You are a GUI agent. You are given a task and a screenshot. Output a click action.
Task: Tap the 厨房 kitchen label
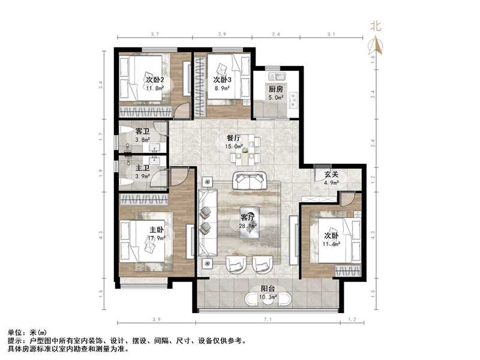(x=275, y=89)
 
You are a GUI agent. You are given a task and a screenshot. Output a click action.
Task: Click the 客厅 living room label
(x=248, y=217)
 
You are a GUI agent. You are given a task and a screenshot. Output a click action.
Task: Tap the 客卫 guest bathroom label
(x=142, y=131)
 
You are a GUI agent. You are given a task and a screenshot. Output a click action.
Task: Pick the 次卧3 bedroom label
(x=222, y=80)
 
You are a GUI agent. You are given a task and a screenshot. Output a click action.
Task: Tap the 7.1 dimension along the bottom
(x=268, y=321)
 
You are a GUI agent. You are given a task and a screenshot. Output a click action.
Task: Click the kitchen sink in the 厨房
(x=278, y=76)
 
